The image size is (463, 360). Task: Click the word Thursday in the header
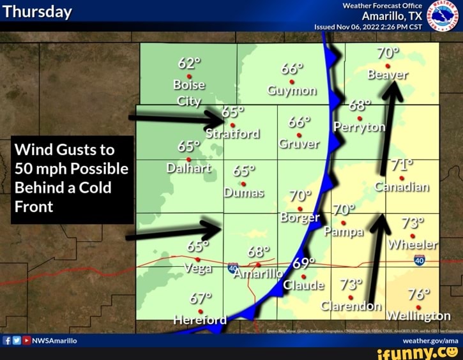point(38,12)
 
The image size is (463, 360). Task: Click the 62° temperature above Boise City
point(189,63)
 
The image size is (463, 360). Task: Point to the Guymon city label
point(292,90)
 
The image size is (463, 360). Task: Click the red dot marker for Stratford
point(233,125)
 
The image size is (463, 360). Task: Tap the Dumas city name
point(243,192)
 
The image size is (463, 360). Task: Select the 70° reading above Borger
point(301,195)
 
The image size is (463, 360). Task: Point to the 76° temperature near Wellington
point(419,294)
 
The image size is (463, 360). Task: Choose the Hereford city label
point(200,320)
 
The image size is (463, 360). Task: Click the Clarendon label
point(351,306)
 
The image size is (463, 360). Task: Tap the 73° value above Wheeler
point(413,223)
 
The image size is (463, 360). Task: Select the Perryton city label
point(360,127)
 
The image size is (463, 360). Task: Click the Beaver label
point(388,75)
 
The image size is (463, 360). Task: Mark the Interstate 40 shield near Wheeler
point(419,260)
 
